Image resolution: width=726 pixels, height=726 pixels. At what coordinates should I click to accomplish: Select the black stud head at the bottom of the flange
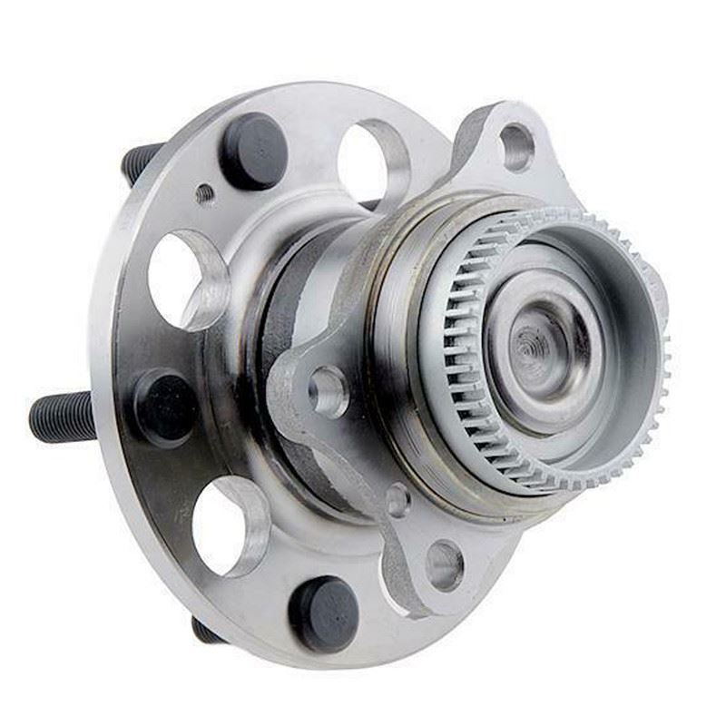324,613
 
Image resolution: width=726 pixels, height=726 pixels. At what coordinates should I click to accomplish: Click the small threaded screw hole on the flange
205,193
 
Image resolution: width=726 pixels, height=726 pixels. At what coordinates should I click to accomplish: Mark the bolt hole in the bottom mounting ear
444,564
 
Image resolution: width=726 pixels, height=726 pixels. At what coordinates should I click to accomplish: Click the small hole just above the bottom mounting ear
397,500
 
